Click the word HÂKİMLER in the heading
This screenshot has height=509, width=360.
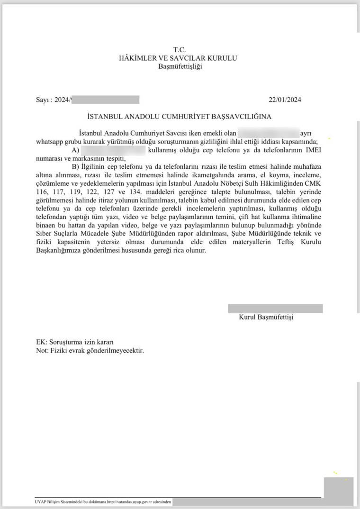point(140,58)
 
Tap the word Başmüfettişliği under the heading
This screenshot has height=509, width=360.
point(180,66)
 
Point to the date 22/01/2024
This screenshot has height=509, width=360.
point(285,100)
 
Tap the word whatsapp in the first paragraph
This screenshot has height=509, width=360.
point(49,141)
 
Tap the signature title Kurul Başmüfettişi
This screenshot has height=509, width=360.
point(266,317)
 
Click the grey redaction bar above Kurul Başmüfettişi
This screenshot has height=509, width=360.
point(275,309)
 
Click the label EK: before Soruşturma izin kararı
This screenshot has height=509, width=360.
point(41,342)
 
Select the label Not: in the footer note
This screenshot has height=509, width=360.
point(42,351)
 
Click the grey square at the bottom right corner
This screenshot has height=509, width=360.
point(338,491)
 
